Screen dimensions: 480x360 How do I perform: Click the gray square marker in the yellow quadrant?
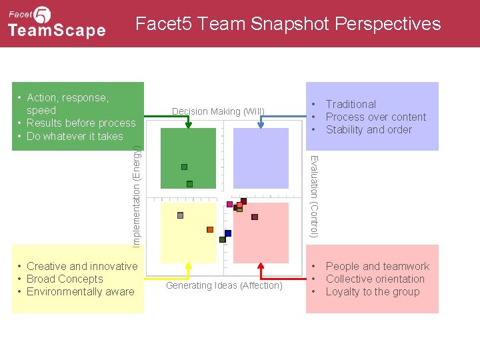point(180,215)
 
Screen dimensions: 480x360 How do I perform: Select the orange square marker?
point(210,229)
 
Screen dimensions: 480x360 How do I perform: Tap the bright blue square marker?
point(228,233)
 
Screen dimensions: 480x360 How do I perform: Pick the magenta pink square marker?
point(230,204)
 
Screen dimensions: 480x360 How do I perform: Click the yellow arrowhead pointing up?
point(189,265)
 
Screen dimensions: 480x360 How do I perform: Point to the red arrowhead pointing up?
point(261,265)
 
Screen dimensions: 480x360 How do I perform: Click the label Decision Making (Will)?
point(218,111)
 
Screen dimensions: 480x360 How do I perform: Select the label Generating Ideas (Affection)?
point(224,285)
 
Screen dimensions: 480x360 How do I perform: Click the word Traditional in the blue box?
point(351,104)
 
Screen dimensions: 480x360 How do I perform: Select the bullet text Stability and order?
point(369,129)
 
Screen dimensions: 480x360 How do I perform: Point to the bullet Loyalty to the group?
point(373,291)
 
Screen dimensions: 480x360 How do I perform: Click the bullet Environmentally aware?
point(80,291)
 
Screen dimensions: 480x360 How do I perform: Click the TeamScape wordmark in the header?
point(57,31)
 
